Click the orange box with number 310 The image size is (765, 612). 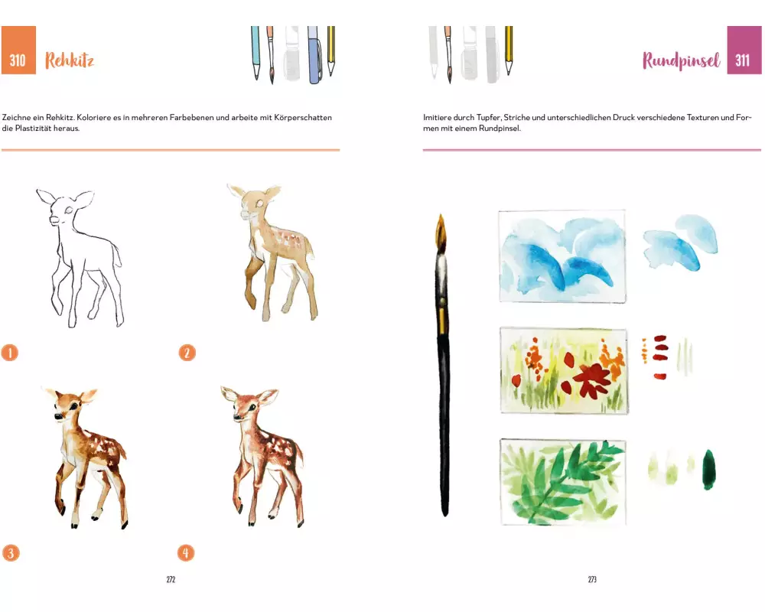coord(18,50)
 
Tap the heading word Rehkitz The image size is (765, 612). coord(70,60)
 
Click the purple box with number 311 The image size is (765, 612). coord(744,50)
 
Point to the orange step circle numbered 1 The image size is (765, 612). coord(10,353)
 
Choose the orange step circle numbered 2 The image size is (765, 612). coord(187,353)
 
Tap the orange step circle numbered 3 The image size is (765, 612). coord(11,553)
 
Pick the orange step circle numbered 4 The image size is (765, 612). coord(185,553)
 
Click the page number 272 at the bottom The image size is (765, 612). coord(171,579)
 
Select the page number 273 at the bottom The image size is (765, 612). coord(592,579)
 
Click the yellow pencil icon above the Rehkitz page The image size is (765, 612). coord(330,50)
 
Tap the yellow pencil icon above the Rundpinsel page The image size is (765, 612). coord(509,50)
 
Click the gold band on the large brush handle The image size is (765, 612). coord(441,320)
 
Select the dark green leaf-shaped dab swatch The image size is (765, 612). coord(709,470)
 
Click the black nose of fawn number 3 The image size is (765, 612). coord(57,416)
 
